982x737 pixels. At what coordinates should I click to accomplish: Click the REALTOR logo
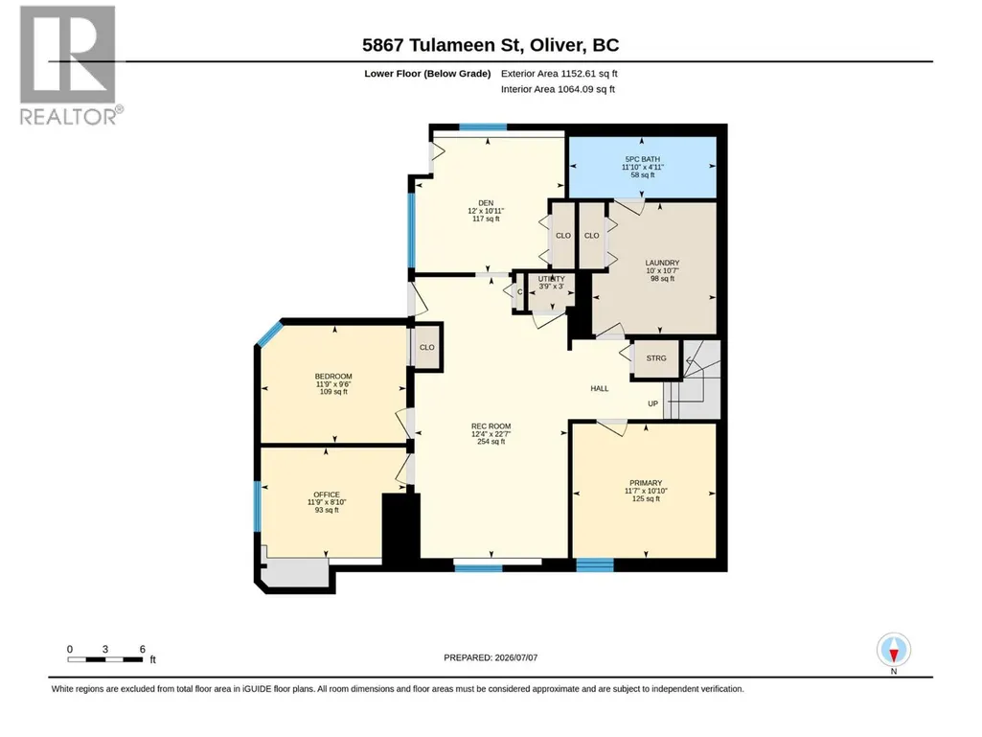(70, 65)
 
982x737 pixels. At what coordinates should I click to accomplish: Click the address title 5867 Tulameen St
(442, 45)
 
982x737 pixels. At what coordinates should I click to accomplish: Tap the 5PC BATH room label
(643, 159)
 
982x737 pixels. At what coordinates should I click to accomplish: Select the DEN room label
(486, 203)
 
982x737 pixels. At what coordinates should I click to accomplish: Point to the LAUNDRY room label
(663, 263)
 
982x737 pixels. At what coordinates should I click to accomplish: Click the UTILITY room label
(551, 279)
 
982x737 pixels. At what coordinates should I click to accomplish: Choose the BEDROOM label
(333, 377)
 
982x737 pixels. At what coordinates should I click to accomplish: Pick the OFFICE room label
(327, 495)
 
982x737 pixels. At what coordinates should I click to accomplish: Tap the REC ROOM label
(491, 426)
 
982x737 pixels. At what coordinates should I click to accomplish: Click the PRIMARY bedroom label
(646, 483)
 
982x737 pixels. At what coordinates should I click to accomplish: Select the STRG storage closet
(656, 358)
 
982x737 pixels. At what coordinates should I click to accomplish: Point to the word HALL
(600, 388)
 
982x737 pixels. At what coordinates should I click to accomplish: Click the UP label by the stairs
(652, 403)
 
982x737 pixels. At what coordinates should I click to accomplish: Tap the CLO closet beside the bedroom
(427, 347)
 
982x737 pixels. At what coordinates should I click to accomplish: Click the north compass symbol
(894, 650)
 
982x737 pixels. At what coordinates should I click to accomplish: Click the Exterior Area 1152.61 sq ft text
(560, 74)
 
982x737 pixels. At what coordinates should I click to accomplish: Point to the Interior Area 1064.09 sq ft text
(558, 89)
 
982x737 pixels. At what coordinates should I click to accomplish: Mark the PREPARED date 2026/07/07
(491, 657)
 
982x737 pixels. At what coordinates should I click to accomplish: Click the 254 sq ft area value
(491, 441)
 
